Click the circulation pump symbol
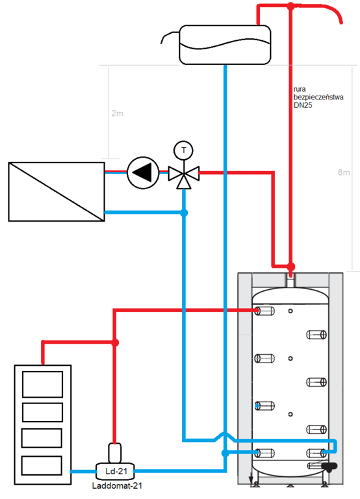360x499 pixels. [x=143, y=173]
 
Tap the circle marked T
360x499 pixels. [x=184, y=150]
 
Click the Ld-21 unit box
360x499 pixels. [x=115, y=471]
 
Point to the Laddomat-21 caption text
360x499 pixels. [x=117, y=486]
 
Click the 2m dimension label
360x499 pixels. [x=118, y=113]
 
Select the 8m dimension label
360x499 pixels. [x=344, y=172]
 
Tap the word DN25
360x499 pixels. [x=303, y=105]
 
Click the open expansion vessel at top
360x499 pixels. [x=225, y=45]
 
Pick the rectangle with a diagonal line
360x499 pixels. [x=57, y=192]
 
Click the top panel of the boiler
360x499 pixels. [x=42, y=385]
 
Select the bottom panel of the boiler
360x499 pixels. [x=42, y=466]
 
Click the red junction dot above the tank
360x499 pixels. [x=290, y=266]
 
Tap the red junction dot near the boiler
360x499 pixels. [x=115, y=342]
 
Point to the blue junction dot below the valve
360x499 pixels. [x=184, y=212]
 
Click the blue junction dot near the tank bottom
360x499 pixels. [x=225, y=453]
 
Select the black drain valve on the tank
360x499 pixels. [x=329, y=467]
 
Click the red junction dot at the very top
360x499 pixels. [x=290, y=6]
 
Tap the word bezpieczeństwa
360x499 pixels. [x=318, y=97]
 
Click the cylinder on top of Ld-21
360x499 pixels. [x=114, y=453]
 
